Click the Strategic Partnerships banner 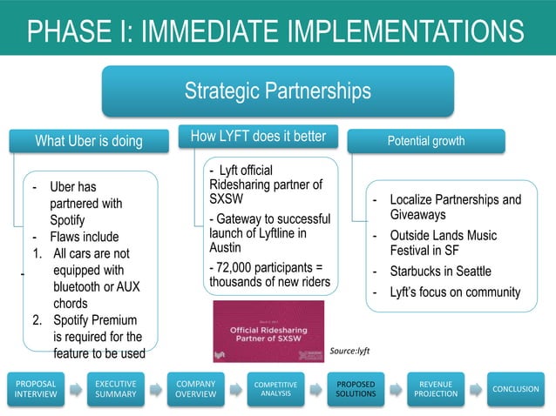[277, 91]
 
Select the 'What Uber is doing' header [88, 141]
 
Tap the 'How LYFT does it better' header [258, 137]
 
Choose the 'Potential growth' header [426, 140]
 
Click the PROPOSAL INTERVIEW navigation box [36, 389]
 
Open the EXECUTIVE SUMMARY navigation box [115, 389]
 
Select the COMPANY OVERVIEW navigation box [196, 389]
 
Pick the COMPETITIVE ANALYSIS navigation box [275, 389]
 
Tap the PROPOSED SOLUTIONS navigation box [356, 389]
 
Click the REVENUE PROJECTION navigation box [435, 389]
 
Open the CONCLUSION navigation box [515, 389]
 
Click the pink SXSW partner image [268, 331]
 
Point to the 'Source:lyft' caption [349, 351]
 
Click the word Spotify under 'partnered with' [67, 219]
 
